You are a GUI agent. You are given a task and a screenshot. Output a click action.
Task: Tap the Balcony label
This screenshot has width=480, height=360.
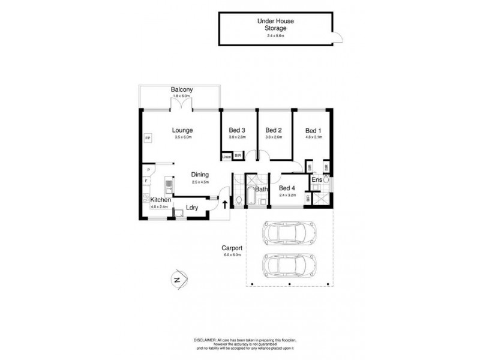click(x=181, y=90)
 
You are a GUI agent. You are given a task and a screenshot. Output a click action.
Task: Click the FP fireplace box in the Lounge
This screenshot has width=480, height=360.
click(x=148, y=139)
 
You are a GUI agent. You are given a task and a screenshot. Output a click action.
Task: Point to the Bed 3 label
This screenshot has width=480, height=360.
click(x=237, y=130)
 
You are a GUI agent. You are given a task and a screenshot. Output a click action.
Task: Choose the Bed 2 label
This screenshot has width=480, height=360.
click(x=274, y=130)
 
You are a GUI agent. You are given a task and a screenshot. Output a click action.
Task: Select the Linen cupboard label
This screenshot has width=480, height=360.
click(x=226, y=157)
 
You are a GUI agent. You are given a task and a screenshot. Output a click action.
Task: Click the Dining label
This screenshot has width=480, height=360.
click(x=200, y=175)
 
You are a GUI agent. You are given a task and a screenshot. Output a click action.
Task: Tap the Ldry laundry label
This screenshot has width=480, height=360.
click(x=192, y=208)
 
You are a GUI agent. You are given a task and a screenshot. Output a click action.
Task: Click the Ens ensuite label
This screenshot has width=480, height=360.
click(x=316, y=179)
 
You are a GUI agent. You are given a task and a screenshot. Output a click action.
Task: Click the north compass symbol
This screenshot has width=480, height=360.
click(x=176, y=278)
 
